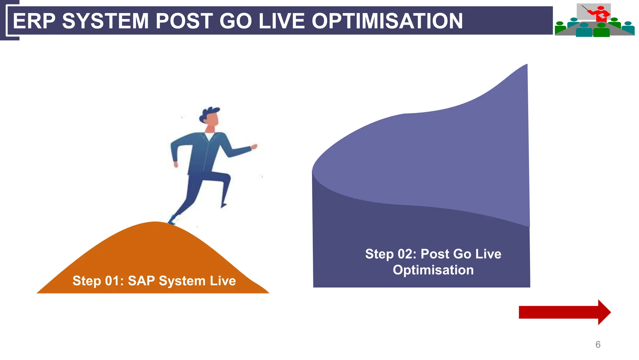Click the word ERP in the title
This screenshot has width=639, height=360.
point(34,21)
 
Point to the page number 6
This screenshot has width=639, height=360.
point(598,344)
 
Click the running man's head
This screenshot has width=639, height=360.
point(211,117)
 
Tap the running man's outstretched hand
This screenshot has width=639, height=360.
point(254,146)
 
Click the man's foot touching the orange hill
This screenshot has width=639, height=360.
point(172,220)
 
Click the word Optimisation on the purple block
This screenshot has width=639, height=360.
point(433,270)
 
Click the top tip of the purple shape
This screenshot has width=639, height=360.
point(526,65)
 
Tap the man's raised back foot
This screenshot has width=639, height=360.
point(224,205)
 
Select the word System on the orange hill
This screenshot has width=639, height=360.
point(182,281)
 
